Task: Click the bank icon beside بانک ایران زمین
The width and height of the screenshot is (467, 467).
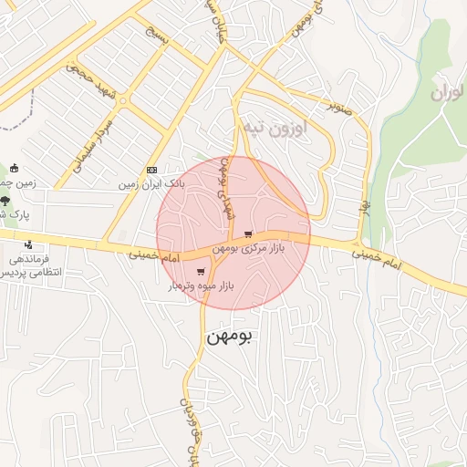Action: click(151, 170)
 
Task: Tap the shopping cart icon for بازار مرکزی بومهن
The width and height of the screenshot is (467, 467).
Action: click(248, 233)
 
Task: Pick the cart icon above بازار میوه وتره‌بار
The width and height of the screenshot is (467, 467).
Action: click(201, 272)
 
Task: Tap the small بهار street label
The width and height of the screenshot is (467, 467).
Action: click(365, 205)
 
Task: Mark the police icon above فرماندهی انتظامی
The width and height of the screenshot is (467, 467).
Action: click(29, 244)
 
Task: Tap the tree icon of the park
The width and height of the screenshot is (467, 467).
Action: click(5, 199)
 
